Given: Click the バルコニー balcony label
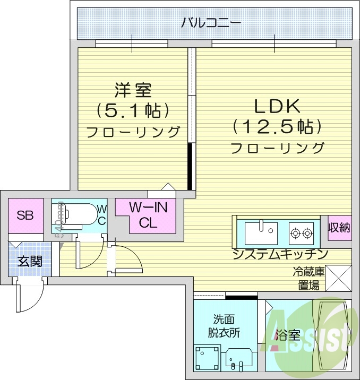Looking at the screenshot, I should [211, 23].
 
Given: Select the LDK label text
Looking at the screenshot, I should [278, 106].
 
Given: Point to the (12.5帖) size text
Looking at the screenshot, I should [278, 126].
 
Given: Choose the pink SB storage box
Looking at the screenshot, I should [25, 215].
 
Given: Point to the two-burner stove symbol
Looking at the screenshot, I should [301, 232].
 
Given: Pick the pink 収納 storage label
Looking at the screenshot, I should [339, 228].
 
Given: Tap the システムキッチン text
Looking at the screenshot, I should [279, 254].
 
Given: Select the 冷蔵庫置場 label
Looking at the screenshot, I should [308, 279].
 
